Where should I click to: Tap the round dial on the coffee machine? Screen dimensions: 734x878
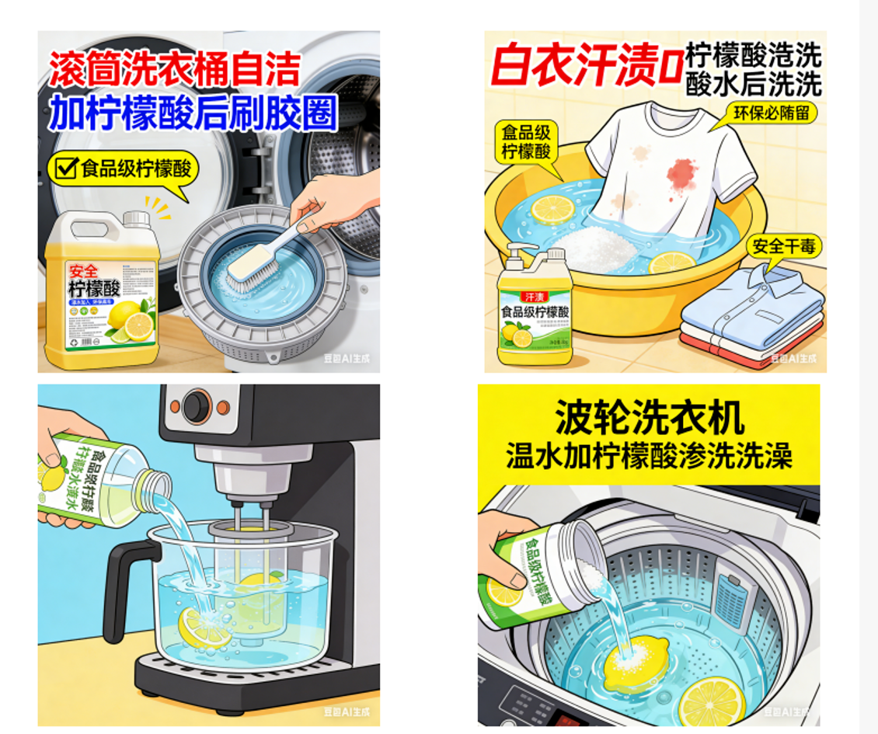[197, 405]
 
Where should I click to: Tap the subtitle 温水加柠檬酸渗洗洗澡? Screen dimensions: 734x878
[650, 456]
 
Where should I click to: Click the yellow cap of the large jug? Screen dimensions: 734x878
[137, 219]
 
